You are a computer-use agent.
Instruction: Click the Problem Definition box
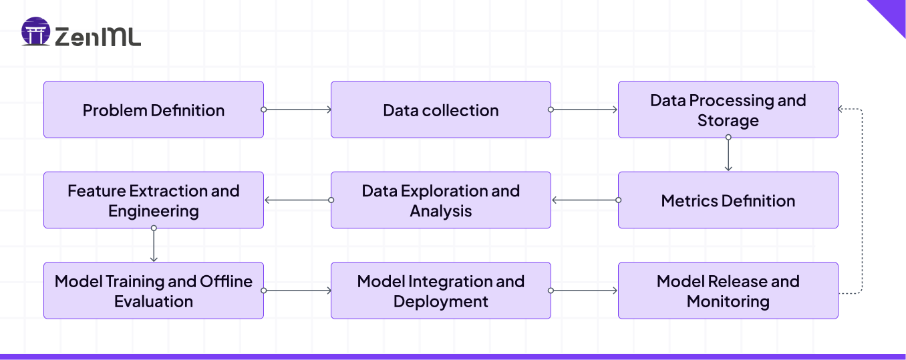coord(154,110)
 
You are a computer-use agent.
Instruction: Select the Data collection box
coord(441,110)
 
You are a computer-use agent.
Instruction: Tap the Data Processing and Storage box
coord(728,110)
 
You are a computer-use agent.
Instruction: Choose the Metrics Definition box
coord(728,200)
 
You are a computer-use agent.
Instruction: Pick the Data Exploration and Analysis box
coord(441,200)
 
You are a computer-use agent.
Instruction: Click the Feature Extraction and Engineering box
coord(154,200)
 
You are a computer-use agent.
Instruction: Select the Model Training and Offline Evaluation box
coord(154,291)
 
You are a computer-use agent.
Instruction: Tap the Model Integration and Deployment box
coord(441,291)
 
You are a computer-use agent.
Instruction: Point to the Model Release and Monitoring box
coord(728,291)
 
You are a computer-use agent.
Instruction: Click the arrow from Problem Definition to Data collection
coord(297,110)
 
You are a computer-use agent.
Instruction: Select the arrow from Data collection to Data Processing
coord(585,110)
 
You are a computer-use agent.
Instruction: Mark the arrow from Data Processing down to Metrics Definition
coord(728,154)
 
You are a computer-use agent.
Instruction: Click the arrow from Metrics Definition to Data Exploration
coord(585,200)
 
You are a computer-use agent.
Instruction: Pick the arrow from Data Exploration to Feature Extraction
coord(297,200)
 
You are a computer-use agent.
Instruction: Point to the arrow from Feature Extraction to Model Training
coord(154,245)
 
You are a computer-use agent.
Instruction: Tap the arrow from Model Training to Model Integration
coord(297,291)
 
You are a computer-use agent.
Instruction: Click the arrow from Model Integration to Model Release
coord(585,291)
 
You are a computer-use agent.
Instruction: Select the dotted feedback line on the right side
coord(863,200)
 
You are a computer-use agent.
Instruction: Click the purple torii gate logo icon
coord(35,32)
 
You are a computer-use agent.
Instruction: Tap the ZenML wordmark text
coord(98,37)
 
